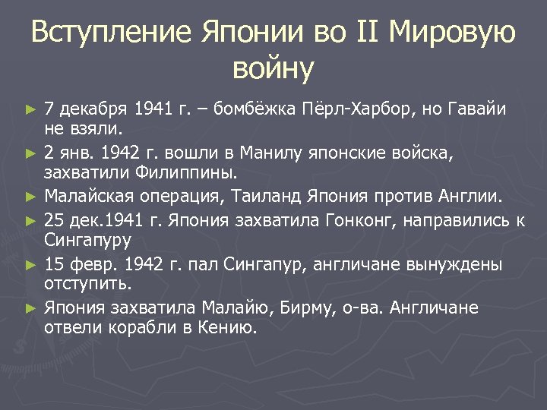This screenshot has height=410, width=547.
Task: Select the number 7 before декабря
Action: point(49,109)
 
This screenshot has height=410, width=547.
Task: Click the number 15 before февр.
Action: point(53,265)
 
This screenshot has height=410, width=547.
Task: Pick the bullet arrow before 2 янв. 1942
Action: point(30,153)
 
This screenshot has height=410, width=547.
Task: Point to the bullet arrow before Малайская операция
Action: point(30,197)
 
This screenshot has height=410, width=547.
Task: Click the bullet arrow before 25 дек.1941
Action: point(30,221)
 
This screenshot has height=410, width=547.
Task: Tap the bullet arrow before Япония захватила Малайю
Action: point(30,308)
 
